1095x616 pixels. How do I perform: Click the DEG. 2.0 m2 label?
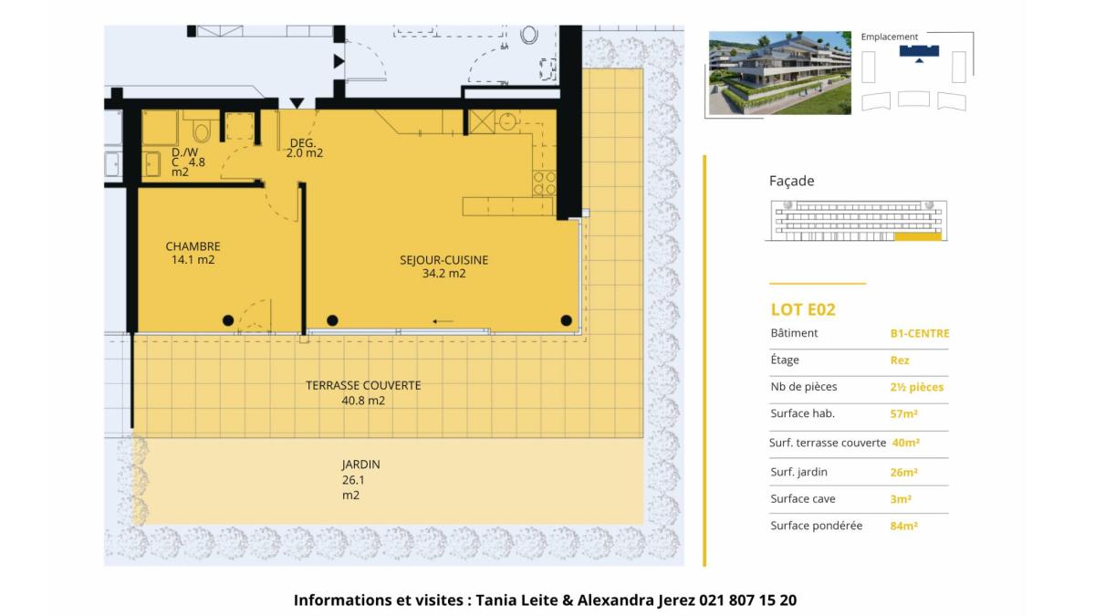pyautogui.click(x=304, y=148)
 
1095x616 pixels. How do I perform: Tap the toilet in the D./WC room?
pyautogui.click(x=201, y=131)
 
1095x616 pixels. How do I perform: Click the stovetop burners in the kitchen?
pyautogui.click(x=544, y=183)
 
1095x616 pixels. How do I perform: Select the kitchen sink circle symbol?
pyautogui.click(x=508, y=121)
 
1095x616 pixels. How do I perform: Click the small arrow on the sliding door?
pyautogui.click(x=443, y=321)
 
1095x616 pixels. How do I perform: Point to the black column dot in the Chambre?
pyautogui.click(x=228, y=320)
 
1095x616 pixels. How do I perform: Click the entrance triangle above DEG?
pyautogui.click(x=297, y=102)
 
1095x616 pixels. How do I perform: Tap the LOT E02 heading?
pyautogui.click(x=803, y=309)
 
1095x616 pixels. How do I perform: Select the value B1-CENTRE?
pyautogui.click(x=920, y=333)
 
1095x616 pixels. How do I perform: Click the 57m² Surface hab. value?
pyautogui.click(x=904, y=414)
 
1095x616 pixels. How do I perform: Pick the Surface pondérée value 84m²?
pyautogui.click(x=904, y=526)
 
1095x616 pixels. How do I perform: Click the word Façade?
pyautogui.click(x=791, y=181)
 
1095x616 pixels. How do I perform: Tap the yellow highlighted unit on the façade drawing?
pyautogui.click(x=918, y=236)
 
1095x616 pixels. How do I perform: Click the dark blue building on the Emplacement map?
pyautogui.click(x=919, y=52)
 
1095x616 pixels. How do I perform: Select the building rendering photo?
pyautogui.click(x=779, y=73)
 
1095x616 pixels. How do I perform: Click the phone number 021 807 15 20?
pyautogui.click(x=747, y=600)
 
